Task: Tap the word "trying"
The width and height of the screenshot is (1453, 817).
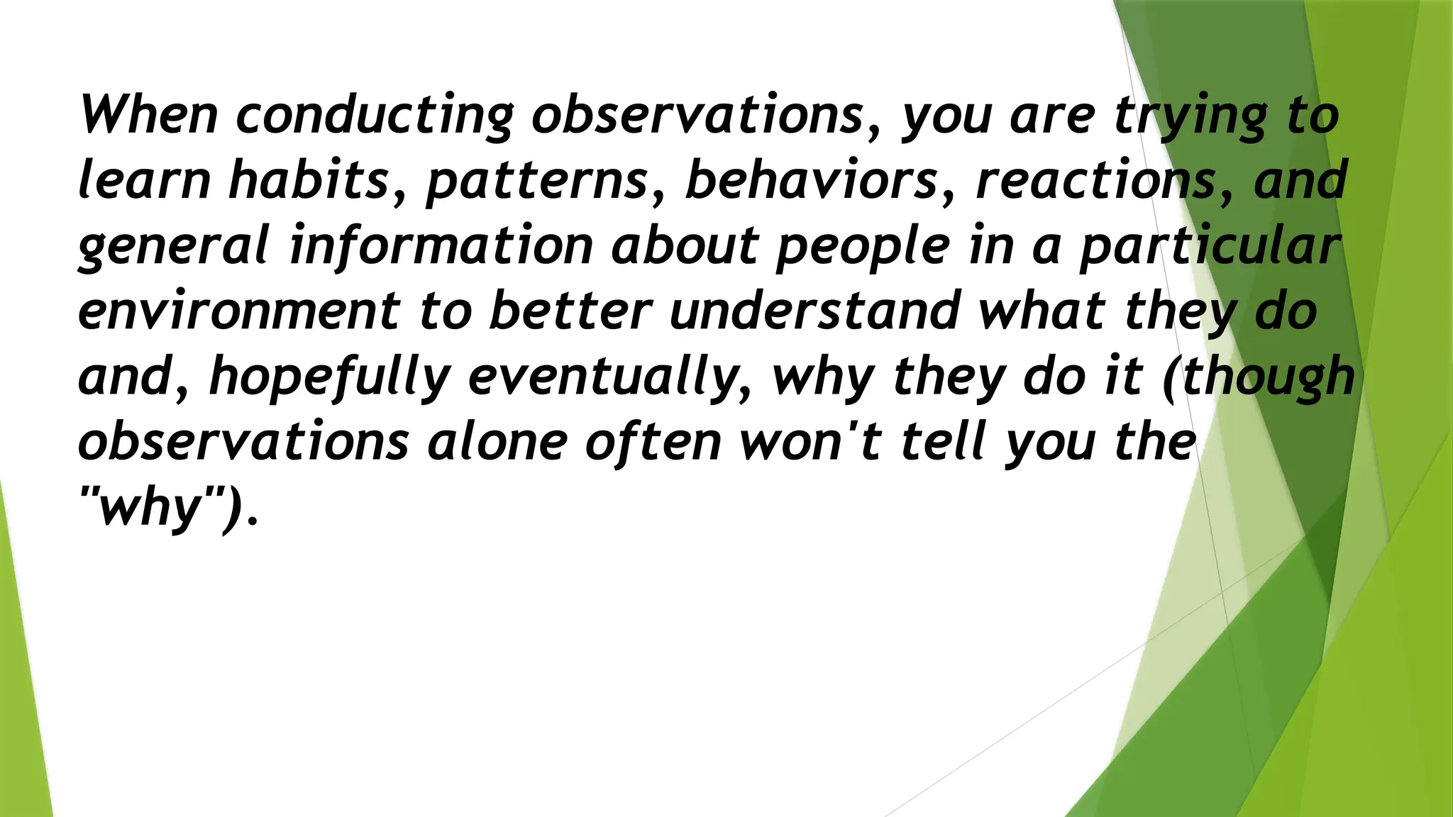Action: click(1190, 116)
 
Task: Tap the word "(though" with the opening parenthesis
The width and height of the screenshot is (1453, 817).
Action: click(1259, 377)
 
